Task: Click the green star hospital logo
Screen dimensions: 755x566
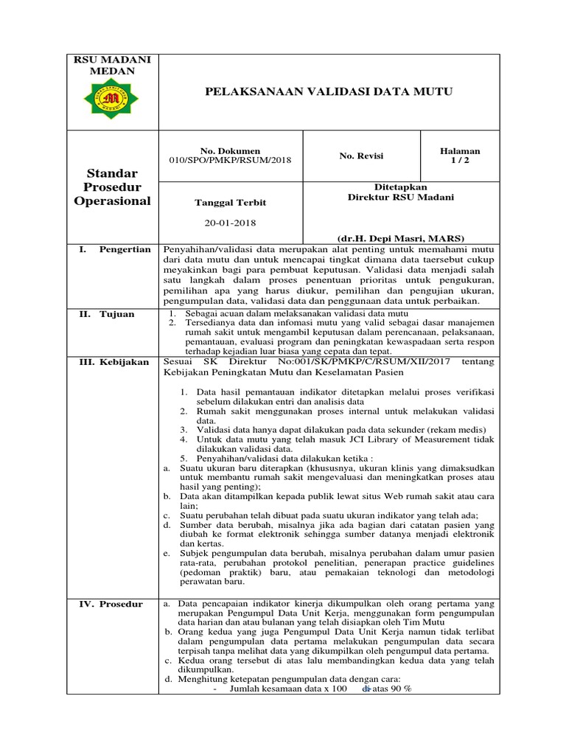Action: pos(112,98)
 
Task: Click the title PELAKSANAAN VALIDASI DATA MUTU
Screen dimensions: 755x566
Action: pos(328,91)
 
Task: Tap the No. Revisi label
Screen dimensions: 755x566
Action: pos(361,156)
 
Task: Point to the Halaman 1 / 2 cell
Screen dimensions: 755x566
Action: pos(459,156)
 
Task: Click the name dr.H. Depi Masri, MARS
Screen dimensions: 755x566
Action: pos(400,239)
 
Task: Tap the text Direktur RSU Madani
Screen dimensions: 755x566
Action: pos(401,198)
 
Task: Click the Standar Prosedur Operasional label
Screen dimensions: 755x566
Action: pos(113,187)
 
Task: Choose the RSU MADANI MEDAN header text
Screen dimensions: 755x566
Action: pos(113,65)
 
